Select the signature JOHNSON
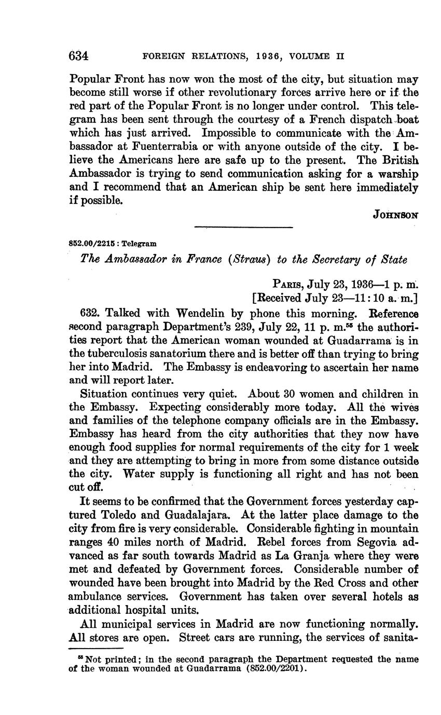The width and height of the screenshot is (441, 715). coord(395,215)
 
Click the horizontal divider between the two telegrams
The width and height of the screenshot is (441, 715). coord(243,227)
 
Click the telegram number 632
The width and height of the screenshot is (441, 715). coord(90,313)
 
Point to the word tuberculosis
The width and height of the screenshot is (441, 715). coord(119,354)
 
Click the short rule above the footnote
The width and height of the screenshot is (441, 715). coord(95,649)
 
